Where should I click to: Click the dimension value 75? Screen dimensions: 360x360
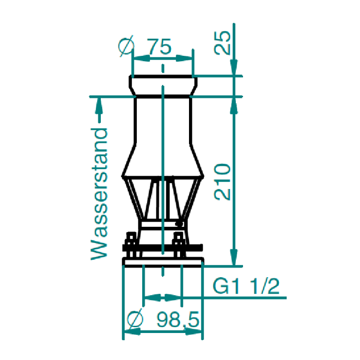point(160,46)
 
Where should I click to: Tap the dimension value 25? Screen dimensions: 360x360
point(222,43)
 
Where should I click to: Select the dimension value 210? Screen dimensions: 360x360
point(222,182)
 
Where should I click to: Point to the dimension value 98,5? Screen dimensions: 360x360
point(178,320)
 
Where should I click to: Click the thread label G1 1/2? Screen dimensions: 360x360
point(246,286)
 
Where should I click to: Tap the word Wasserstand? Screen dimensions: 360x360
point(99,194)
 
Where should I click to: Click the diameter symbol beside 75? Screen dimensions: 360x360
point(126,46)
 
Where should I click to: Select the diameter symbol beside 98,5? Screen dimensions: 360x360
point(135,319)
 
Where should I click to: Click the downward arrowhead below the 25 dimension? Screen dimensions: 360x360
point(234,67)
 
